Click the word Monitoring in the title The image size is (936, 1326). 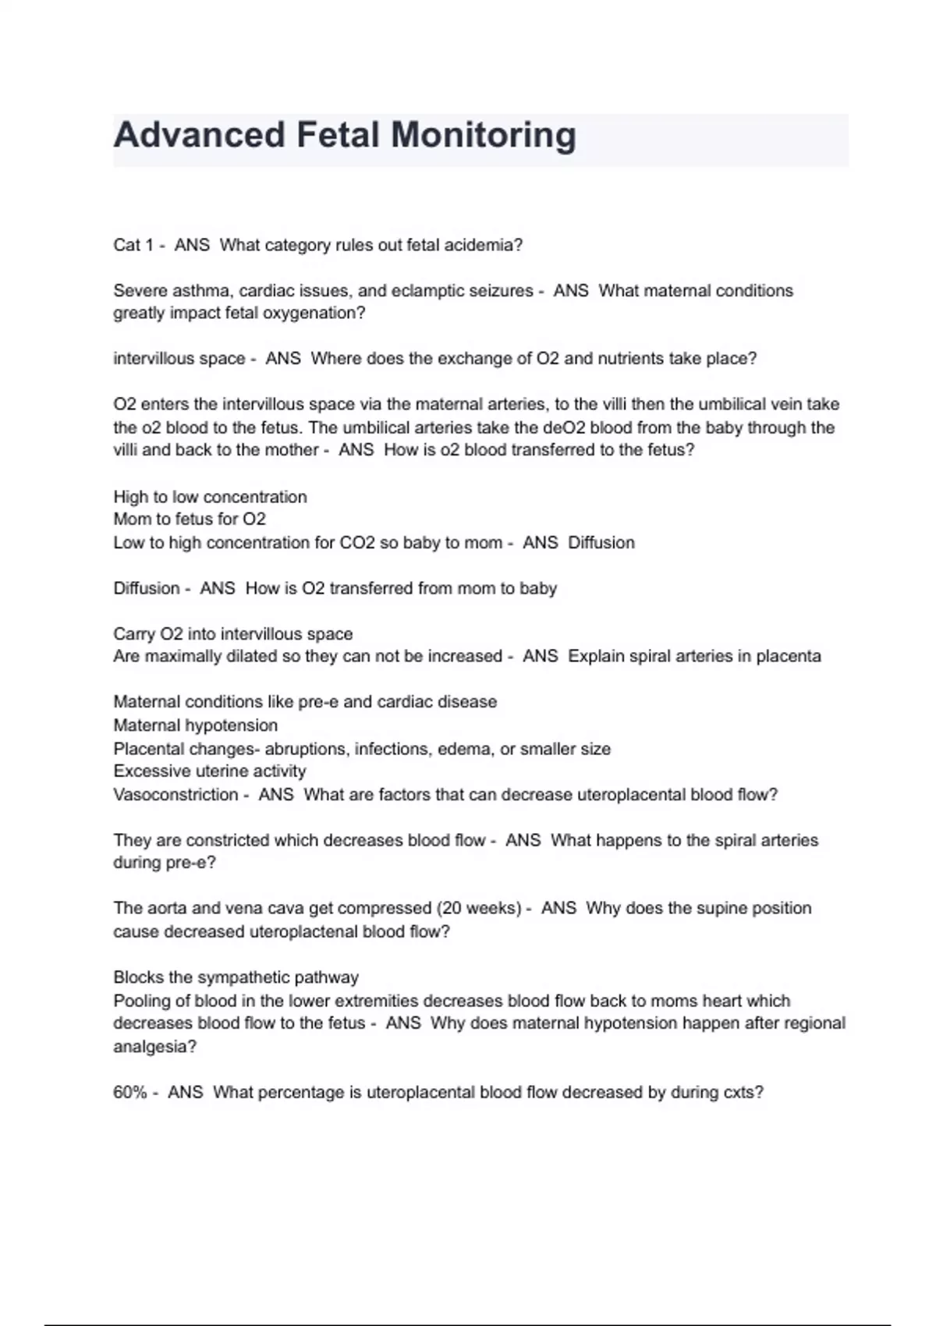(483, 135)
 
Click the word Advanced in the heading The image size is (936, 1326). (199, 135)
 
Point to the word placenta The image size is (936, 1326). (789, 657)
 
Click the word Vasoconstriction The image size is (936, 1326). (175, 795)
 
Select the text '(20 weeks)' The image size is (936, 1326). (479, 909)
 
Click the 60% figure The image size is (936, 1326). (129, 1093)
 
